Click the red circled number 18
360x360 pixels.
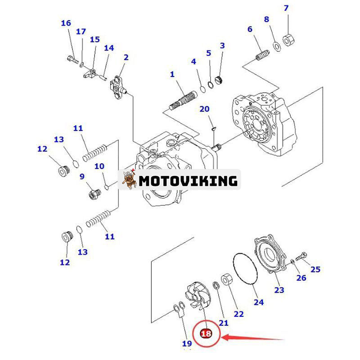coord(206,333)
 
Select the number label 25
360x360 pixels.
coord(315,269)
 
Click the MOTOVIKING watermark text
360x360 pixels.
coord(188,180)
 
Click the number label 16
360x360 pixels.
coord(66,23)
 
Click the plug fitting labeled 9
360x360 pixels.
coord(94,194)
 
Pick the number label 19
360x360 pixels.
coord(187,343)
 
